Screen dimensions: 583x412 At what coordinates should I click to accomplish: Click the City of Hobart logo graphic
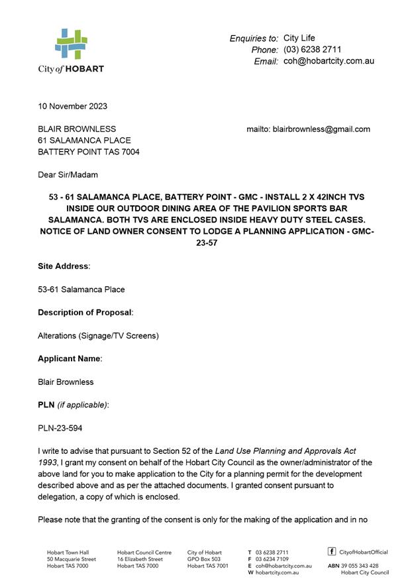coord(71,44)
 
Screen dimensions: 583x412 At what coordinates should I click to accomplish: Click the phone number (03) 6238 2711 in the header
coord(312,50)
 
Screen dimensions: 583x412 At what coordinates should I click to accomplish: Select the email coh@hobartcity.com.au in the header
coord(329,61)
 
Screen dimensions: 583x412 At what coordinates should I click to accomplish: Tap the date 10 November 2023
coord(72,106)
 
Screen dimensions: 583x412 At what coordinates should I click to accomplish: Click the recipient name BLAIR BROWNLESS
coord(77,129)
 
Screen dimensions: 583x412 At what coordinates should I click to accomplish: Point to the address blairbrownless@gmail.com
coord(321,129)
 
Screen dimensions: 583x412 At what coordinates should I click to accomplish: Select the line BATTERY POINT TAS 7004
coord(88,152)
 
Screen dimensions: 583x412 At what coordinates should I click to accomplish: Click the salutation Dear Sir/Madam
coord(68,175)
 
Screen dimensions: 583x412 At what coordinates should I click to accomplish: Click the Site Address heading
coord(64,266)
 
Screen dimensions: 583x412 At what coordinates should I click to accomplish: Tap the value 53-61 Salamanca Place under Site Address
coord(81,290)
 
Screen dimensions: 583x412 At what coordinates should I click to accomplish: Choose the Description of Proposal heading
coord(85,312)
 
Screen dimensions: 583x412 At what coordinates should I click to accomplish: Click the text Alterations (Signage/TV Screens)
coord(98,335)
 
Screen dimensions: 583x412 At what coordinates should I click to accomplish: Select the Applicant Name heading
coord(70,358)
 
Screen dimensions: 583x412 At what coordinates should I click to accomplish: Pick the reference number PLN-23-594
coord(60,428)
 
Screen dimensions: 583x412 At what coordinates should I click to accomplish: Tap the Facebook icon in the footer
coord(332,551)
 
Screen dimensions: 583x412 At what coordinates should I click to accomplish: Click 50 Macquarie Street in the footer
coord(72,559)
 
